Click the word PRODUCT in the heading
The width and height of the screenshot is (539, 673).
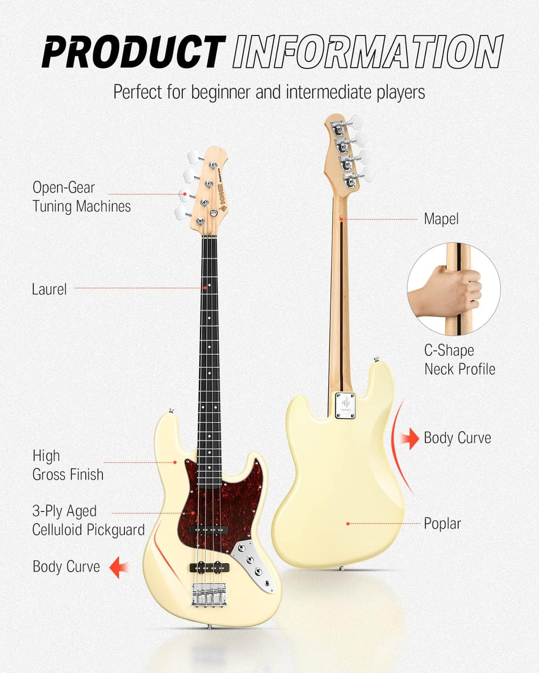tap(134, 52)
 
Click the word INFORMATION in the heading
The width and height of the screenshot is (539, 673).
tap(368, 52)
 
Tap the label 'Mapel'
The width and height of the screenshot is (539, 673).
tap(441, 219)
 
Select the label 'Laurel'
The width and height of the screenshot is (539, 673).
tap(49, 289)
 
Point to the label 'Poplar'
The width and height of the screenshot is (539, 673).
tap(442, 523)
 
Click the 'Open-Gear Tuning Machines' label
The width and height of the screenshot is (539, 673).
tap(81, 197)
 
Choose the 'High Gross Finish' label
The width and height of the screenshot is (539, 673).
tap(67, 465)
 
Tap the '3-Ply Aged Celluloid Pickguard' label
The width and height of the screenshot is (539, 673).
tap(88, 520)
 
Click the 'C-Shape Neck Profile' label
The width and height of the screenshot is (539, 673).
tap(459, 360)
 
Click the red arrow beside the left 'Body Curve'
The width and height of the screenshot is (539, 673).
tap(119, 567)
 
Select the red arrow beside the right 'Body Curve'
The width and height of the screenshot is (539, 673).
tap(411, 438)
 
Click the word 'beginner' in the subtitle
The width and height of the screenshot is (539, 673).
tap(220, 92)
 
